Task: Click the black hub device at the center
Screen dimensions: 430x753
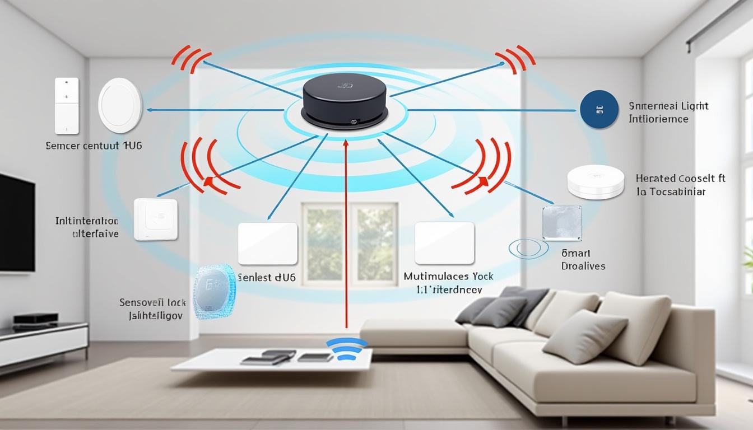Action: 345,104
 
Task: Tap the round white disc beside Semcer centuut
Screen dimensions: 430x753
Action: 120,105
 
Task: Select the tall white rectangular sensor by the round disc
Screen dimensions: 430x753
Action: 67,106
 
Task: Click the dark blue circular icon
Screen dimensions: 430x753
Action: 599,110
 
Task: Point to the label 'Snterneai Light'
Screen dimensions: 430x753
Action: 668,106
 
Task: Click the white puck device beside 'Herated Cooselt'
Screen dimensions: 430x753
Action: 596,181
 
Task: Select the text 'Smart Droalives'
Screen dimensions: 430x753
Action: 583,260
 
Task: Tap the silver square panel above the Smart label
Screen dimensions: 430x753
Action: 562,223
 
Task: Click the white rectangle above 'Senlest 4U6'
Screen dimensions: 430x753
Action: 267,243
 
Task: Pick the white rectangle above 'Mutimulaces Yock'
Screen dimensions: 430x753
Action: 444,242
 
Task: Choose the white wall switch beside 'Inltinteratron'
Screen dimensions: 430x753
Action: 156,219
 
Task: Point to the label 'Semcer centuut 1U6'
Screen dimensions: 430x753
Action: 94,146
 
